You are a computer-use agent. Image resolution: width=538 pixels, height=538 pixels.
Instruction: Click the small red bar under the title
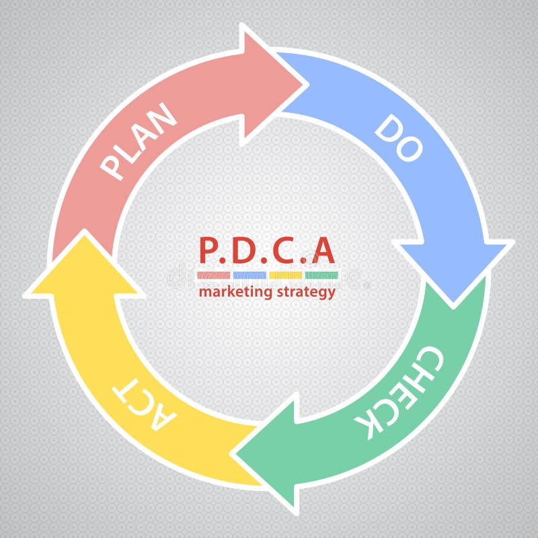[x=214, y=275]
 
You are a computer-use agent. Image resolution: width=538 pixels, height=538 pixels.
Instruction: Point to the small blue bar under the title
[x=249, y=275]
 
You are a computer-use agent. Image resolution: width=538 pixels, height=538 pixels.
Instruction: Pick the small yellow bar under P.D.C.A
[x=285, y=275]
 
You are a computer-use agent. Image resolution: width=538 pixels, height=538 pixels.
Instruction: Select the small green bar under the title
[x=321, y=275]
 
